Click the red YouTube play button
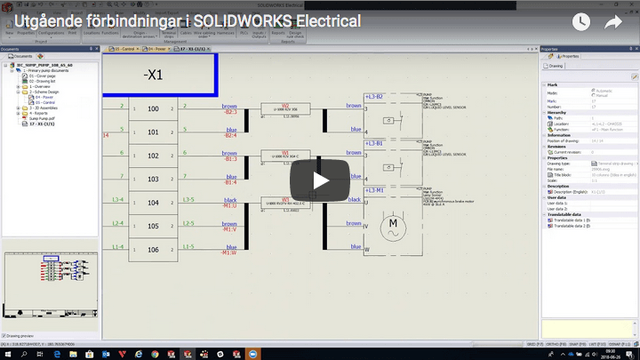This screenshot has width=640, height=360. pyautogui.click(x=320, y=180)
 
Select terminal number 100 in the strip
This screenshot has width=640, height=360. pyautogui.click(x=153, y=108)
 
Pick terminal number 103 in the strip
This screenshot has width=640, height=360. pyautogui.click(x=153, y=179)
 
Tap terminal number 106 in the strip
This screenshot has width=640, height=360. pyautogui.click(x=153, y=250)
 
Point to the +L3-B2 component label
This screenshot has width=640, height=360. pyautogui.click(x=373, y=95)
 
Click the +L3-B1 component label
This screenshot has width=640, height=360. pyautogui.click(x=373, y=142)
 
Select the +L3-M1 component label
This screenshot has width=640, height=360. pyautogui.click(x=373, y=189)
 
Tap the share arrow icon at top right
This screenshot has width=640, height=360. pyautogui.click(x=613, y=22)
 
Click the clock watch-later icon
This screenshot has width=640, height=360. pyautogui.click(x=580, y=22)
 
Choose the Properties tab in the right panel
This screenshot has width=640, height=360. pyautogui.click(x=568, y=56)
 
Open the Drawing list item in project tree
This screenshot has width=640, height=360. pyautogui.click(x=43, y=82)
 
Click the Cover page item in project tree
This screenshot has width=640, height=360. pyautogui.click(x=43, y=76)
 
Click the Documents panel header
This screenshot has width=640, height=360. pyautogui.click(x=11, y=50)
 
